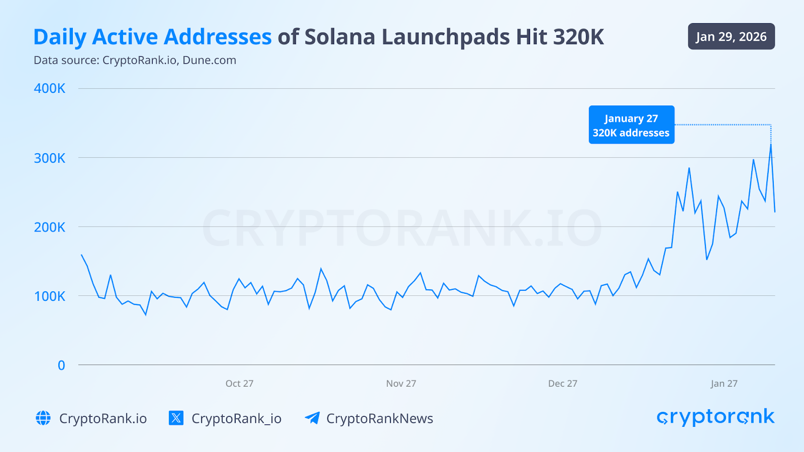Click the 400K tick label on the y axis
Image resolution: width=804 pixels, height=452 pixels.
(49, 88)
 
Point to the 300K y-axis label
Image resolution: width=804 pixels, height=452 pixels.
(49, 158)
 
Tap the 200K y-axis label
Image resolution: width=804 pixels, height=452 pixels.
(49, 227)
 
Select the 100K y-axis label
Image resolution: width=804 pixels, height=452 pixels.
(49, 296)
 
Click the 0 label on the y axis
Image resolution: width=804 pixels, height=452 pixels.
(61, 365)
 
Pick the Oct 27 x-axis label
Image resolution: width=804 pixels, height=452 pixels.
(239, 384)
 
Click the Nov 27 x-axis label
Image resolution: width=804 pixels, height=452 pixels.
(401, 384)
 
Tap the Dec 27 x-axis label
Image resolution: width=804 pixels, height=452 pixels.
(562, 384)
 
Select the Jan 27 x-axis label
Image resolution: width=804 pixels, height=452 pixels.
(724, 384)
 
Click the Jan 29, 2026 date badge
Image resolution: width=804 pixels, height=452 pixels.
(731, 37)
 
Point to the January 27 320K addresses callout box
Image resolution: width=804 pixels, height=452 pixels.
(631, 125)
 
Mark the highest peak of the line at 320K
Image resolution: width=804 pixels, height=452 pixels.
(771, 145)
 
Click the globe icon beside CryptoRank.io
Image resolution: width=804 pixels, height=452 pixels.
(43, 418)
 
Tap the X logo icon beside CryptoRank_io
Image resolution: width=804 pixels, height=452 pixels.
(176, 418)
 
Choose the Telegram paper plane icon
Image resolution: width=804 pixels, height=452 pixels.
(312, 418)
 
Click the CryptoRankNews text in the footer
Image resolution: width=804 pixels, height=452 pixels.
(379, 418)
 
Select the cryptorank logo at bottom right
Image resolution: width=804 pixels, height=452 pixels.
(716, 417)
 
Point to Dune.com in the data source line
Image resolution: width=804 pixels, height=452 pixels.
(209, 60)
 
